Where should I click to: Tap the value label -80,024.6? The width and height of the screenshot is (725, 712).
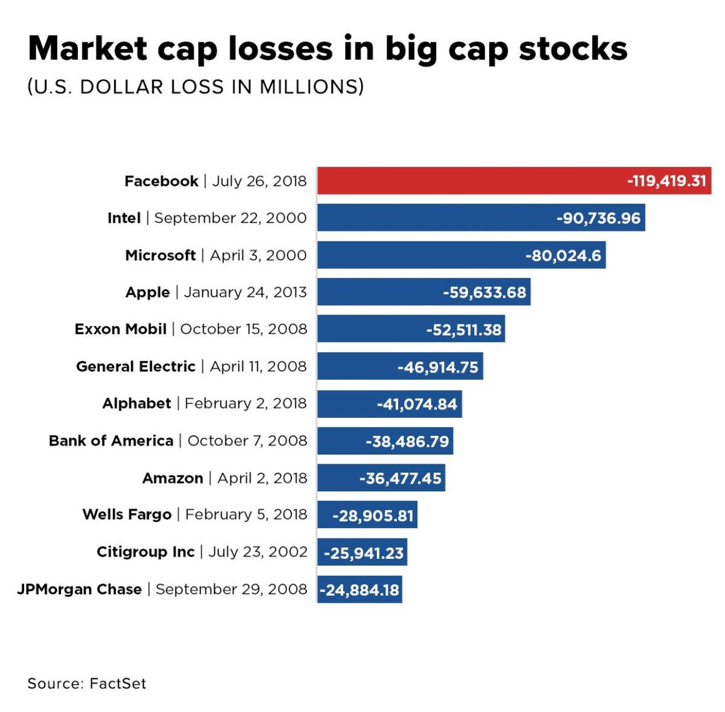pos(563,255)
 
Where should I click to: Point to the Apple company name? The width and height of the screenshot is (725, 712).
pos(147,292)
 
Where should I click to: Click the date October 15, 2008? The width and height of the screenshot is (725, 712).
pos(243,329)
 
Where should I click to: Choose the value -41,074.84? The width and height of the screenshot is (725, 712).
pos(417,404)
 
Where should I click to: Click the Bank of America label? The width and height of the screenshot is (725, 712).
pos(111,441)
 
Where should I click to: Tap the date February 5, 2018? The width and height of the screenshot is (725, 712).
pos(246,515)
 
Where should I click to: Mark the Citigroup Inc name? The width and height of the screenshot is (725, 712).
pos(146,552)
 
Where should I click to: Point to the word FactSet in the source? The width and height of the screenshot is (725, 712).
pos(118,684)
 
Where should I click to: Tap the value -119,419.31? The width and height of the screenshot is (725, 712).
pos(666,181)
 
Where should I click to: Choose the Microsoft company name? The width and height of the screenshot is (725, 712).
pos(160,255)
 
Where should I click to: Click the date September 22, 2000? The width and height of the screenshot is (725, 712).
pos(230,218)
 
